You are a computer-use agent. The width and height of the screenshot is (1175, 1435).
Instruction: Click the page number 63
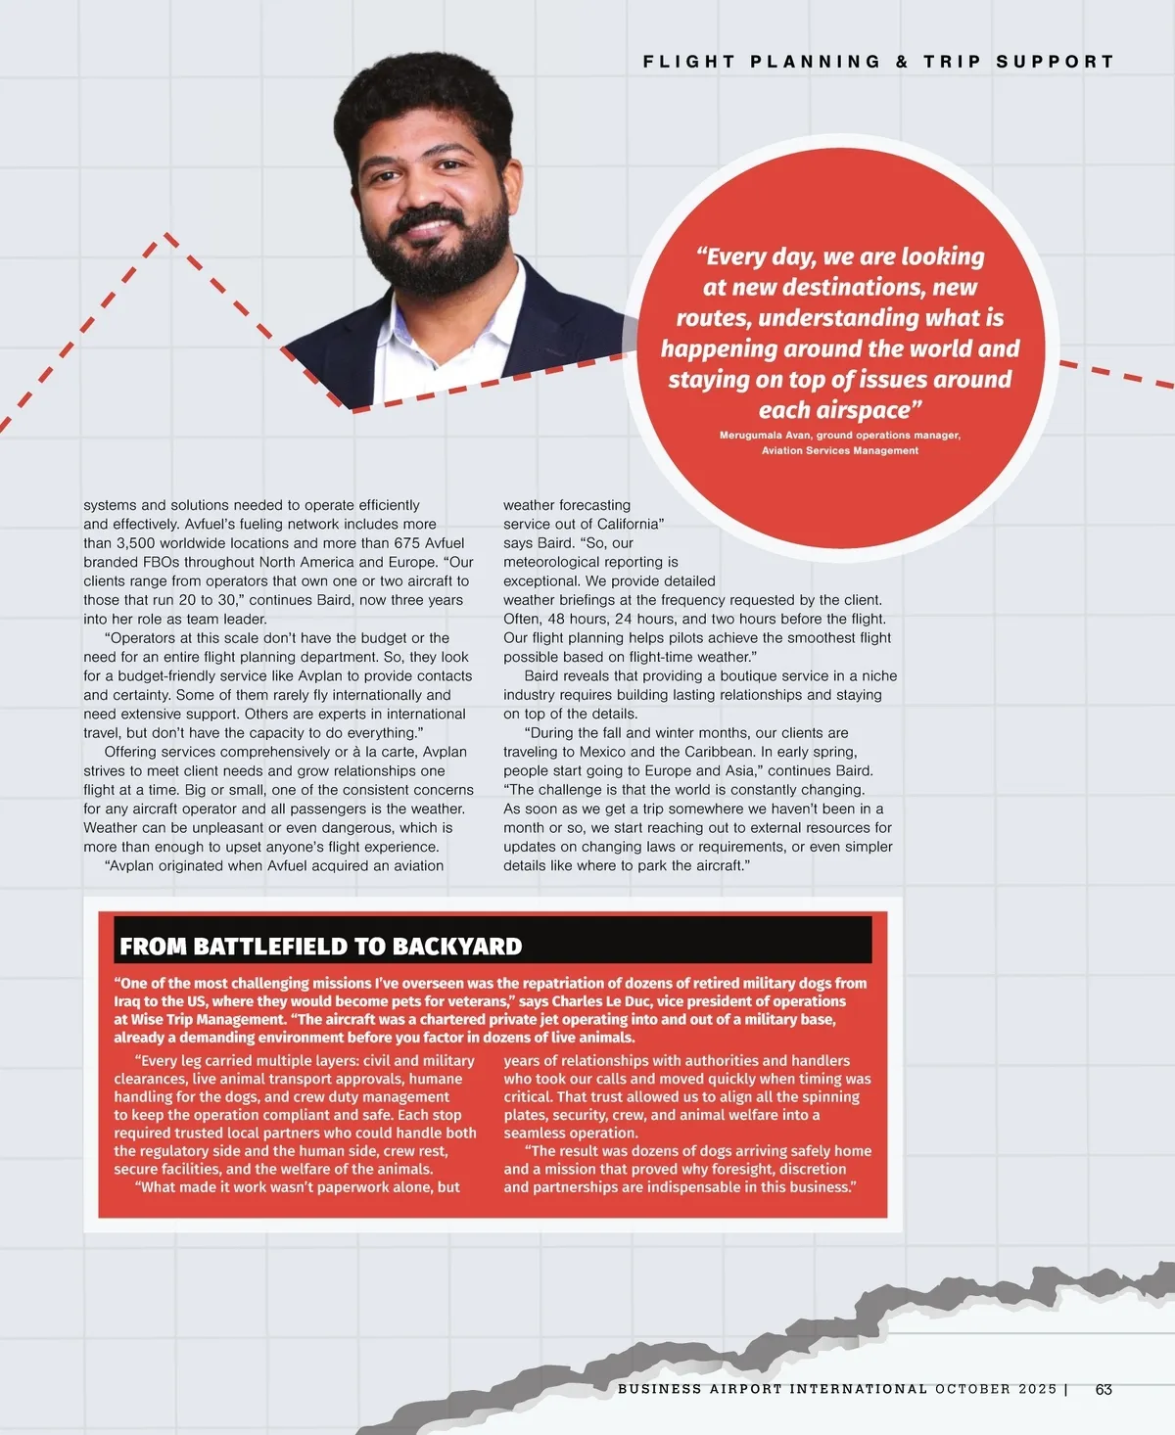tap(1104, 1389)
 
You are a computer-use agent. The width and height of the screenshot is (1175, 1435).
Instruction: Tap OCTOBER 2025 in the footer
tap(995, 1389)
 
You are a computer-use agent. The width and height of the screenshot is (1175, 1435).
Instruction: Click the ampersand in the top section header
tap(902, 62)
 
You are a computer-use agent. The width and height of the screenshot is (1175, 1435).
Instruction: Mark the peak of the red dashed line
tap(166, 234)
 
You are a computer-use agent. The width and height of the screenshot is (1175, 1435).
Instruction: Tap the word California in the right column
tap(627, 525)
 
